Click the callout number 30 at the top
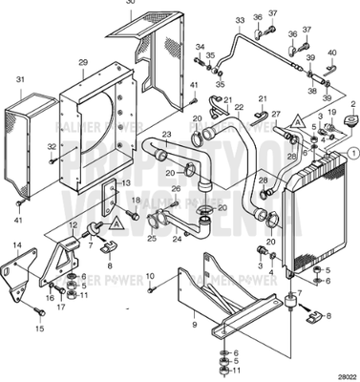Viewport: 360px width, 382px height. pyautogui.click(x=130, y=3)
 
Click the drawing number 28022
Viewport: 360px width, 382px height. pyautogui.click(x=345, y=376)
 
